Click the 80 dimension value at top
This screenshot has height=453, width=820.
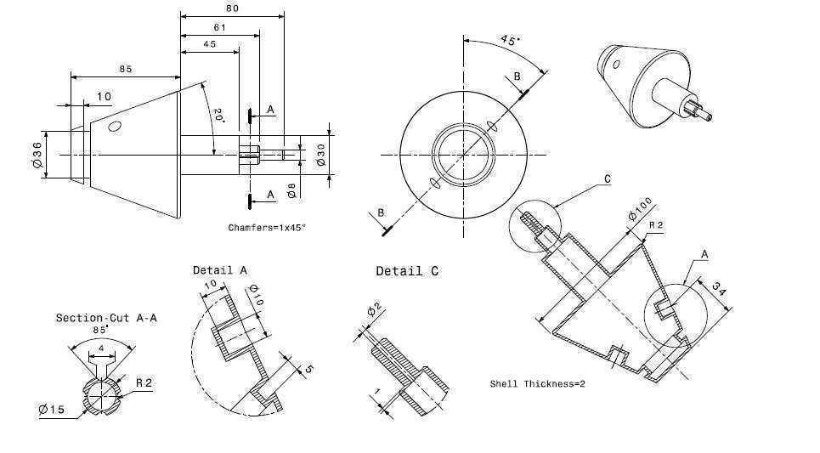click(x=232, y=8)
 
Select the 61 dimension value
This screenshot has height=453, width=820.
click(x=219, y=27)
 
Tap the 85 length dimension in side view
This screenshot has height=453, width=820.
click(x=126, y=69)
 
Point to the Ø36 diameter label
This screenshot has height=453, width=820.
click(x=37, y=155)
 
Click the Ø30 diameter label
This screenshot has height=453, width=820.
click(x=320, y=155)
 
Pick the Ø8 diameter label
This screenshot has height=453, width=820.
click(x=291, y=190)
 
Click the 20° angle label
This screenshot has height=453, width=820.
click(x=219, y=116)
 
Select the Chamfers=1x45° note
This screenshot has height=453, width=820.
click(x=267, y=228)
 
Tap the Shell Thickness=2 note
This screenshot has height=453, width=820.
click(x=537, y=384)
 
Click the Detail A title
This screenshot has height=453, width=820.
click(x=219, y=270)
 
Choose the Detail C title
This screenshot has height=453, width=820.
click(x=407, y=271)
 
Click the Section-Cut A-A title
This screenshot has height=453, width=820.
click(x=106, y=318)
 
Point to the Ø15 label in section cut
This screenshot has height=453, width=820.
click(x=52, y=409)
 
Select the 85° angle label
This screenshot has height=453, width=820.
click(x=100, y=330)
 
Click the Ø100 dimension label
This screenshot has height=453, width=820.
click(x=641, y=209)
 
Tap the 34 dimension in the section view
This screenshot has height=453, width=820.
click(x=718, y=289)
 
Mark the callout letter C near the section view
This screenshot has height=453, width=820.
click(x=608, y=178)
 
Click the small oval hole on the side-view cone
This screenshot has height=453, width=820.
click(x=115, y=126)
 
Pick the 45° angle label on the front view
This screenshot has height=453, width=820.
click(x=510, y=40)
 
